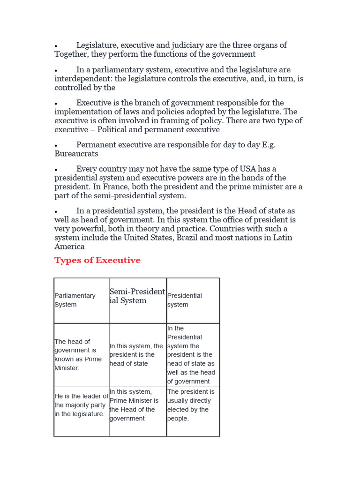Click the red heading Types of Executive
97,260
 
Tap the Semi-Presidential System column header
137,296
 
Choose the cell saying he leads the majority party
81,405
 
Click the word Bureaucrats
76,154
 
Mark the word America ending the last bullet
69,247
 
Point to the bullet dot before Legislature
56,46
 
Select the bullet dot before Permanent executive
56,146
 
